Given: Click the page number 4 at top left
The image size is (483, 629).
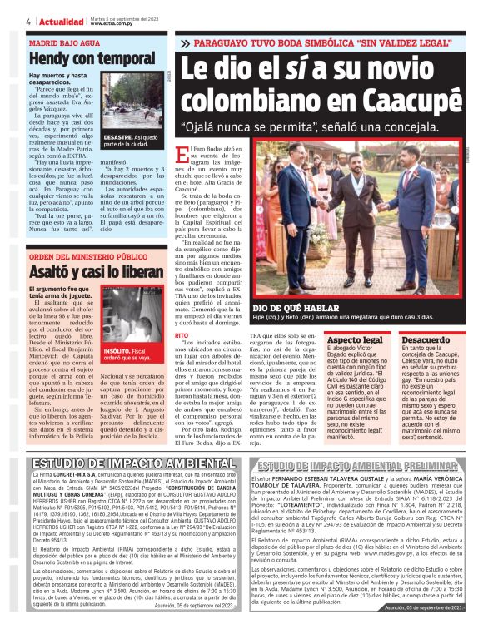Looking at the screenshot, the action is click(x=28, y=22).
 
